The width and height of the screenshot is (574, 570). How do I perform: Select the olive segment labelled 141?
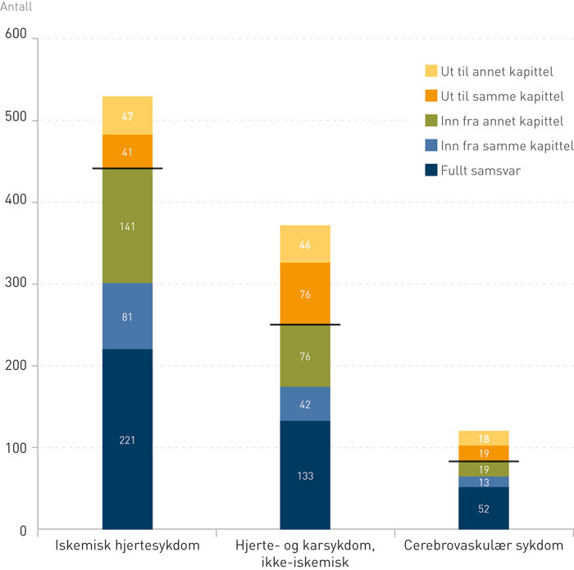click(127, 226)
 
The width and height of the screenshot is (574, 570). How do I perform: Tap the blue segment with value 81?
click(127, 316)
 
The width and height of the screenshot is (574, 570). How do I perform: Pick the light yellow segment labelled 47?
click(127, 116)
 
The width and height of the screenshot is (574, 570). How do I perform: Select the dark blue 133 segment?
click(305, 475)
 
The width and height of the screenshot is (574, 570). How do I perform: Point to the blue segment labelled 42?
click(305, 404)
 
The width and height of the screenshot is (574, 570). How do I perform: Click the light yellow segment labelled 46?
click(305, 244)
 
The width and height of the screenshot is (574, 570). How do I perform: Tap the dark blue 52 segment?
click(484, 508)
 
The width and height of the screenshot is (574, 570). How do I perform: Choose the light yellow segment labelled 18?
click(484, 438)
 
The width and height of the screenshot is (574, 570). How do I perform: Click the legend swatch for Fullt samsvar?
click(430, 171)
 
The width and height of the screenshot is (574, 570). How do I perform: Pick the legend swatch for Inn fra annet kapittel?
click(430, 121)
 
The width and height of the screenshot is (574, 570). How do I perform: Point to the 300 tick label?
click(16, 284)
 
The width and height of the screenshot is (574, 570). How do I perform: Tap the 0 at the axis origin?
click(22, 530)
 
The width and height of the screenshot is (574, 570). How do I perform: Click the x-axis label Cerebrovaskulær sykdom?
click(484, 546)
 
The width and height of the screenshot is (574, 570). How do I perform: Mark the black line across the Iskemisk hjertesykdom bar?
click(127, 168)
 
